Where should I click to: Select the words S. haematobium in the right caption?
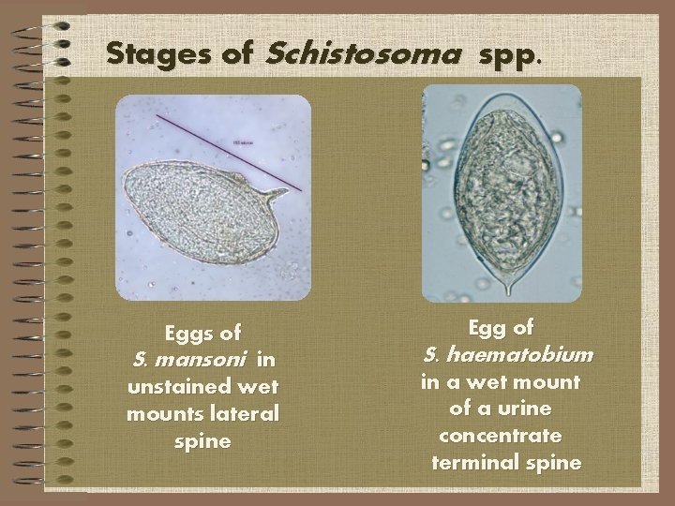tap(508, 354)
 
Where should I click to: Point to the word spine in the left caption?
tap(202, 440)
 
